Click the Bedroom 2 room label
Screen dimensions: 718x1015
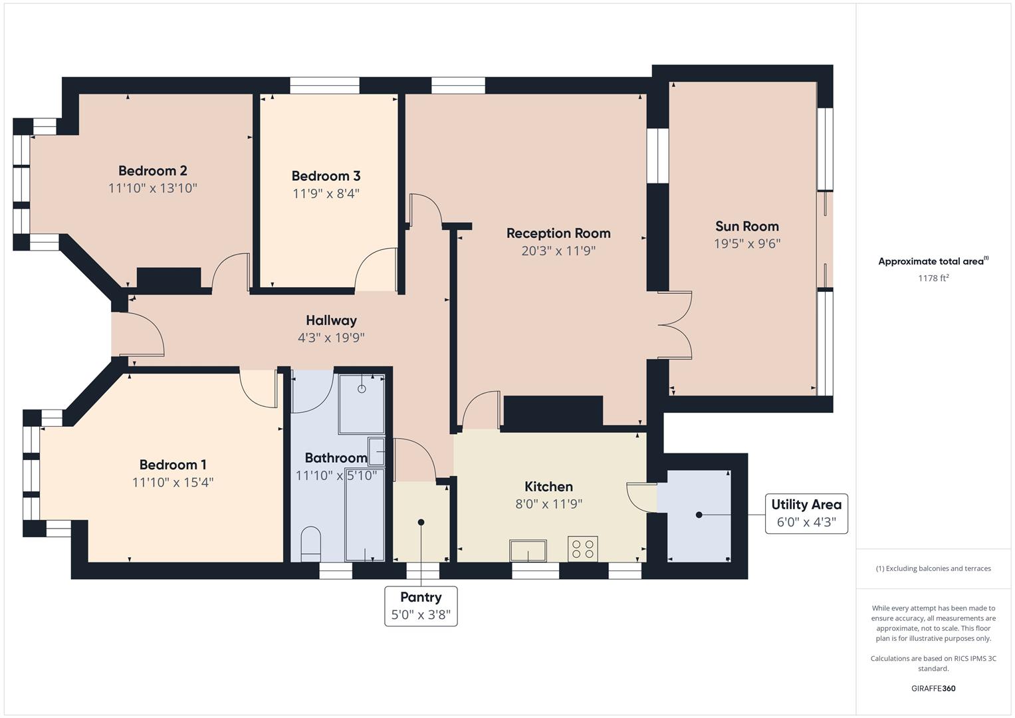point(152,171)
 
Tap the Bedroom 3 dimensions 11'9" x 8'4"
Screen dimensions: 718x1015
point(326,193)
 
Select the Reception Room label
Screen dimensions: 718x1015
point(558,233)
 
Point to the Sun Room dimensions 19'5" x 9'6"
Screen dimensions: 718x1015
point(746,244)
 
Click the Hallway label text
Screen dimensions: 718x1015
point(331,320)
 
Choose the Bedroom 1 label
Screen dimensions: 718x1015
point(173,465)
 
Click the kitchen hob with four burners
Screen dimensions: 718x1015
point(582,549)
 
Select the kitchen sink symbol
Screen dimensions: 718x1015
point(528,550)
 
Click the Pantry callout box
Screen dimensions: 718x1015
point(421,606)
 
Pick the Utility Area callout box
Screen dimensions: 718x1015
point(806,513)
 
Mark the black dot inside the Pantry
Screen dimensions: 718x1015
point(421,523)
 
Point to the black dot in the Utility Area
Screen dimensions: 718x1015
point(699,515)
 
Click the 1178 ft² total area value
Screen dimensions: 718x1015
point(933,278)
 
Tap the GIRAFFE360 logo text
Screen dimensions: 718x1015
point(933,688)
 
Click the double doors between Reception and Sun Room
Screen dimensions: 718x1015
point(675,326)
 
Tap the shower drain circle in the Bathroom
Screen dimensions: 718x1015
point(362,389)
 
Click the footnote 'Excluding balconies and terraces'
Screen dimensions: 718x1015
point(933,568)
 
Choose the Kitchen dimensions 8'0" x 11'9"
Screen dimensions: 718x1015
point(548,504)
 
